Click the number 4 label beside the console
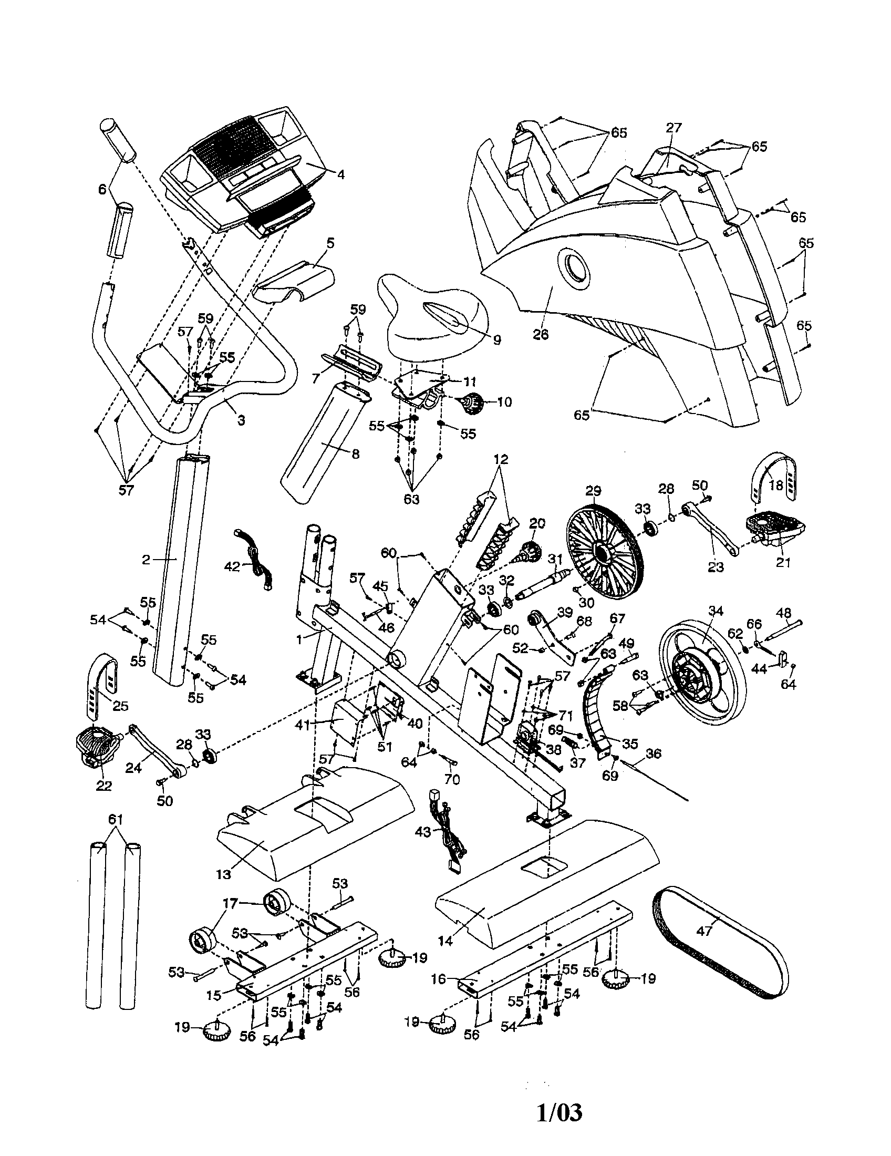click(341, 174)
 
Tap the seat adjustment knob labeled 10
click(472, 406)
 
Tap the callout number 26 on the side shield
click(541, 334)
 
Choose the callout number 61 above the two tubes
click(116, 819)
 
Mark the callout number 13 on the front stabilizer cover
click(224, 874)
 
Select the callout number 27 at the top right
click(674, 128)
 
